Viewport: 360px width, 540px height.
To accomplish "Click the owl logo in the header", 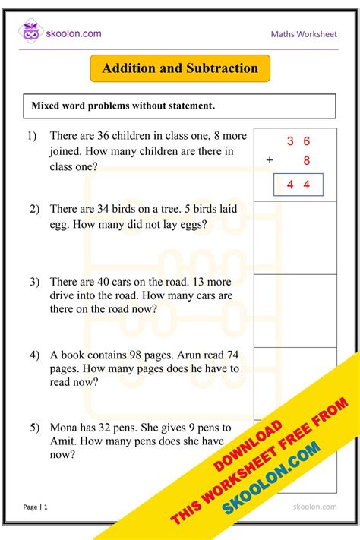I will pyautogui.click(x=31, y=33).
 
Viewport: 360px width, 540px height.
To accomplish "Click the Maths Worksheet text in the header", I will pyautogui.click(x=304, y=35).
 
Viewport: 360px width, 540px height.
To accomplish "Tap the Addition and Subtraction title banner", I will pyautogui.click(x=180, y=68).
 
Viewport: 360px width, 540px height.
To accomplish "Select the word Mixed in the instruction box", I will pyautogui.click(x=47, y=106).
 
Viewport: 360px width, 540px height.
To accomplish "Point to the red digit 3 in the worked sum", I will pyautogui.click(x=290, y=141).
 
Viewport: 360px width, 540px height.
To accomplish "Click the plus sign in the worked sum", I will pyautogui.click(x=269, y=160).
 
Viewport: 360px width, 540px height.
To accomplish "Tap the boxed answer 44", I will pyautogui.click(x=298, y=185).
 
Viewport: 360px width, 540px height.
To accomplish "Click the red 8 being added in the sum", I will pyautogui.click(x=306, y=160).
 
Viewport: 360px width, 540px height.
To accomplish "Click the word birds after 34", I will pyautogui.click(x=137, y=208).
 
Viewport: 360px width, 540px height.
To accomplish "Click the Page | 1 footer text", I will pyautogui.click(x=36, y=507).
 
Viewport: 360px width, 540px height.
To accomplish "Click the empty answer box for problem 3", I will pyautogui.click(x=295, y=310).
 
